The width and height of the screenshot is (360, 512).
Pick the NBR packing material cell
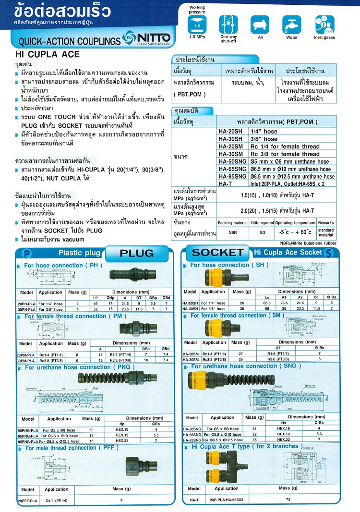click(232, 231)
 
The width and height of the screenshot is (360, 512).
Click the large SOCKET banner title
click(217, 252)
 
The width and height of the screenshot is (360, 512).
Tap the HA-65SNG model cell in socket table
click(192, 434)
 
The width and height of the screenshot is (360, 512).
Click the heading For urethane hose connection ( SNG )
click(246, 366)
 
